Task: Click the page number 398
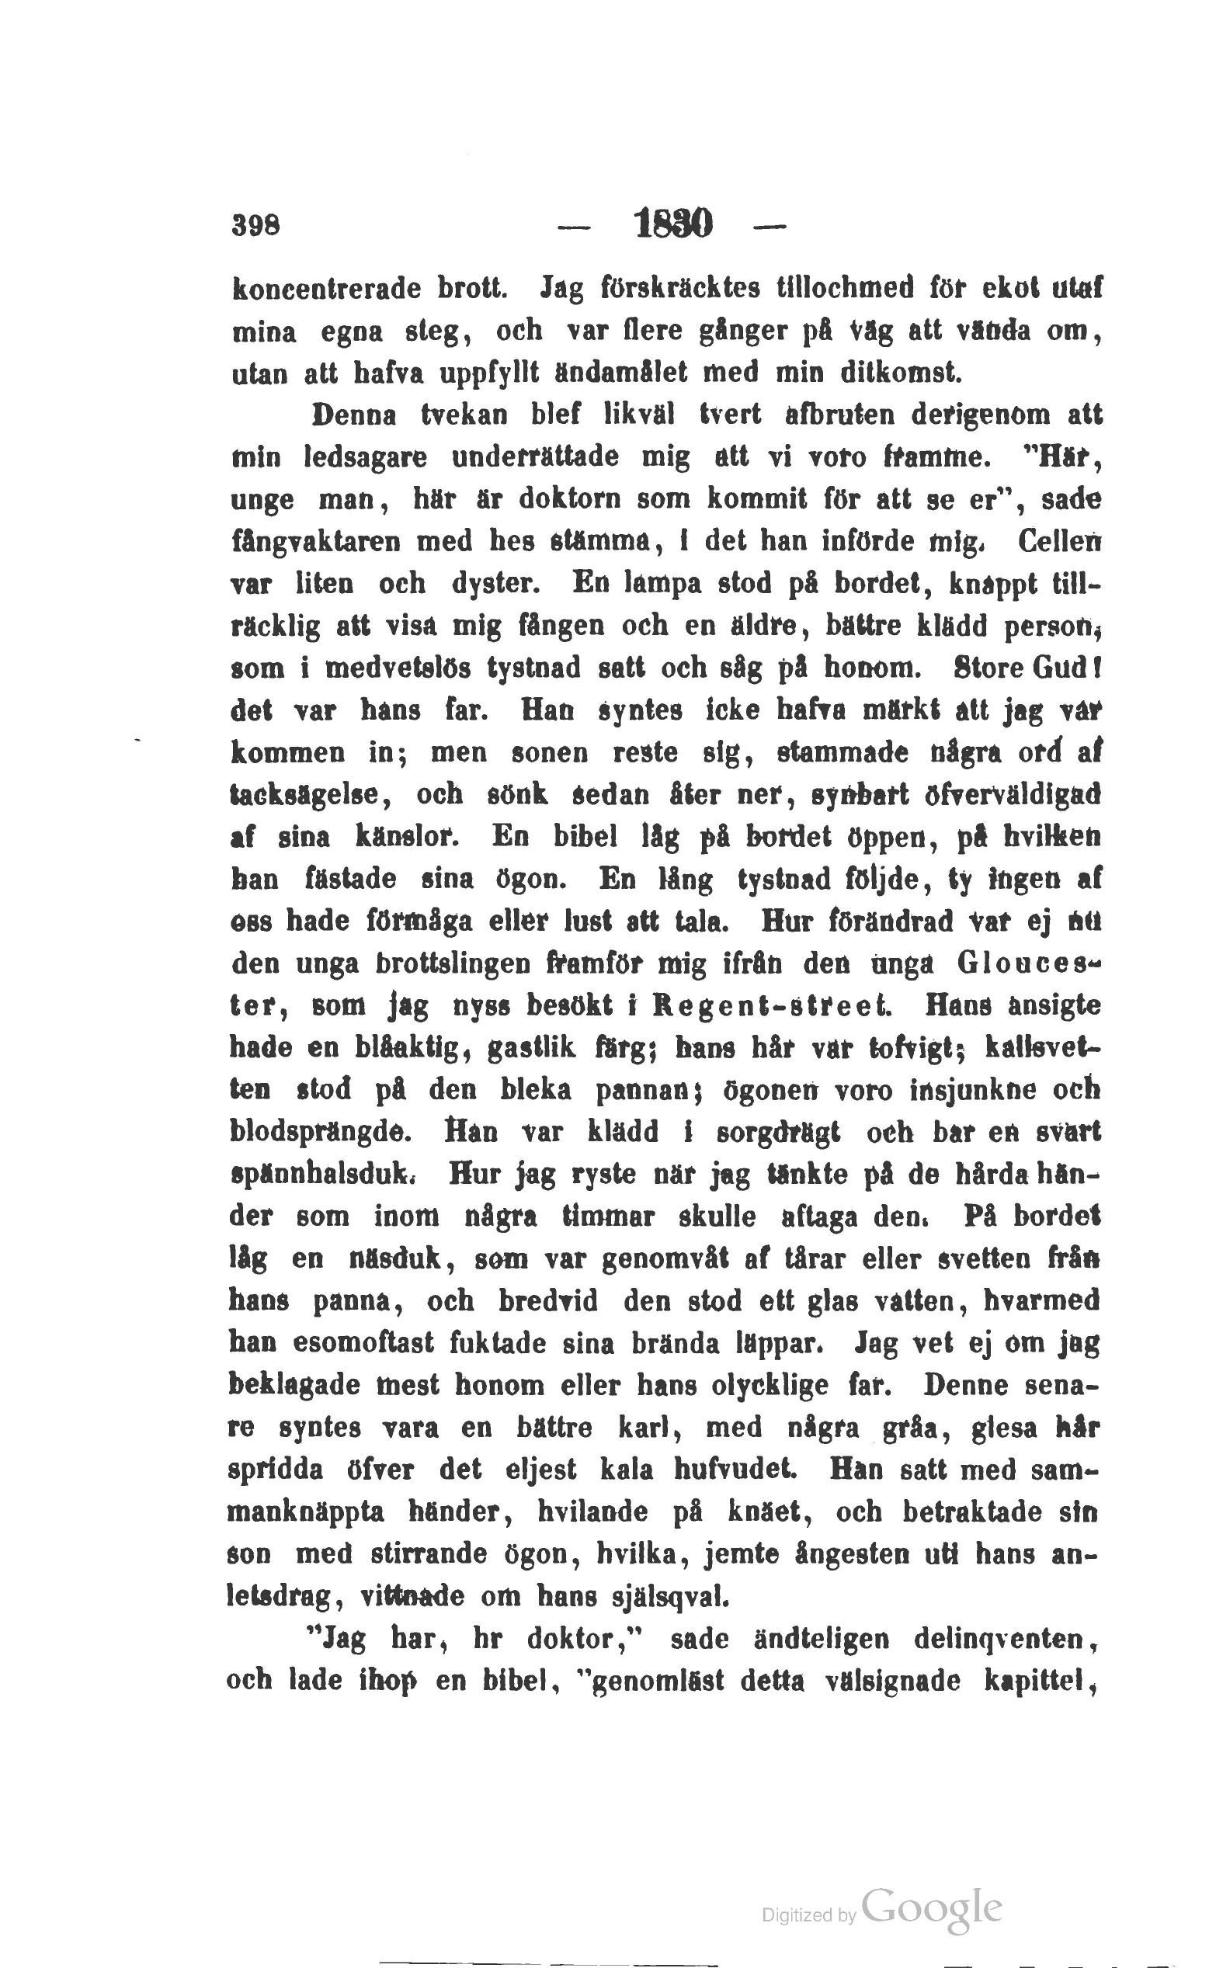[255, 226]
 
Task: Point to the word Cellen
[1058, 541]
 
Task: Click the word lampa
[658, 583]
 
